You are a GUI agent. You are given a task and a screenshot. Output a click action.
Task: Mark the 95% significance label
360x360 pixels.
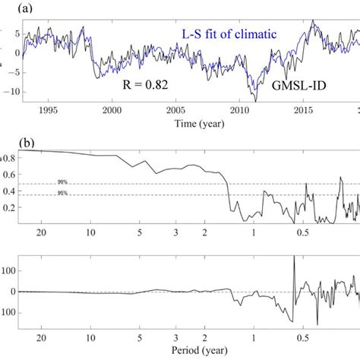63,194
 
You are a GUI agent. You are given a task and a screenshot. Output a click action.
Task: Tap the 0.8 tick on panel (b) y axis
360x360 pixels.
9,158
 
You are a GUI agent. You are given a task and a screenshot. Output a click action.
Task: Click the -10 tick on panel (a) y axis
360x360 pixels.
7,91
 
